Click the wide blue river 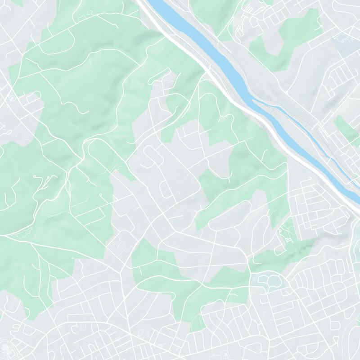[225, 63]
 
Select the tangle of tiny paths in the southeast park [286, 234]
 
